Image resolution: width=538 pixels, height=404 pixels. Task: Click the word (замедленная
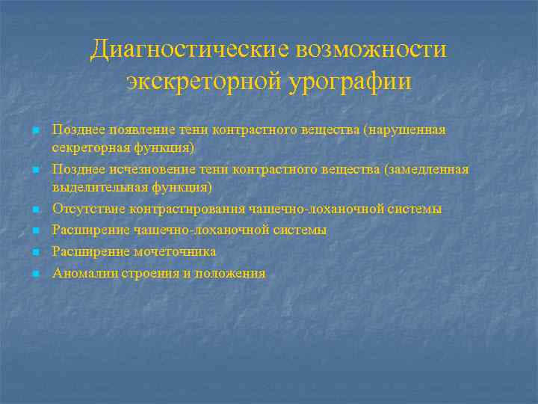pyautogui.click(x=426, y=169)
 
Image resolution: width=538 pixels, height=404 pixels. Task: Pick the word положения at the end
pyautogui.click(x=229, y=273)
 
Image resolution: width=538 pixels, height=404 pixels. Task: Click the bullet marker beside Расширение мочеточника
pyautogui.click(x=35, y=252)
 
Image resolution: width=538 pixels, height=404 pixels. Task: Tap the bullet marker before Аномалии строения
pyautogui.click(x=35, y=274)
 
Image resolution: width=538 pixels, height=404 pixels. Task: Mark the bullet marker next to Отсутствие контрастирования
pyautogui.click(x=35, y=209)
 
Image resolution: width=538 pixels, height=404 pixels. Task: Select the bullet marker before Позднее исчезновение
pyautogui.click(x=35, y=170)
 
